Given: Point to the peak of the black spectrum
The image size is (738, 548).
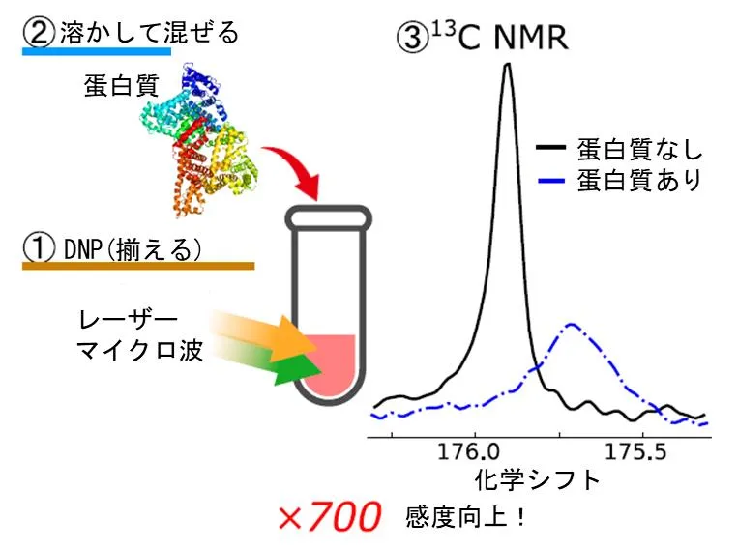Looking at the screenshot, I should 506,66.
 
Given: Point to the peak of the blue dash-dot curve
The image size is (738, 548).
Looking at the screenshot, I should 573,325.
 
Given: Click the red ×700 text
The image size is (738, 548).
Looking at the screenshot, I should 328,517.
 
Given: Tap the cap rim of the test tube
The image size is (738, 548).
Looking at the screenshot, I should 329,218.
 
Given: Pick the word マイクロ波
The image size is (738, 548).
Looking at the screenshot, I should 139,351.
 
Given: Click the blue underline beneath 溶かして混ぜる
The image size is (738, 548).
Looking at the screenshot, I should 97,51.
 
